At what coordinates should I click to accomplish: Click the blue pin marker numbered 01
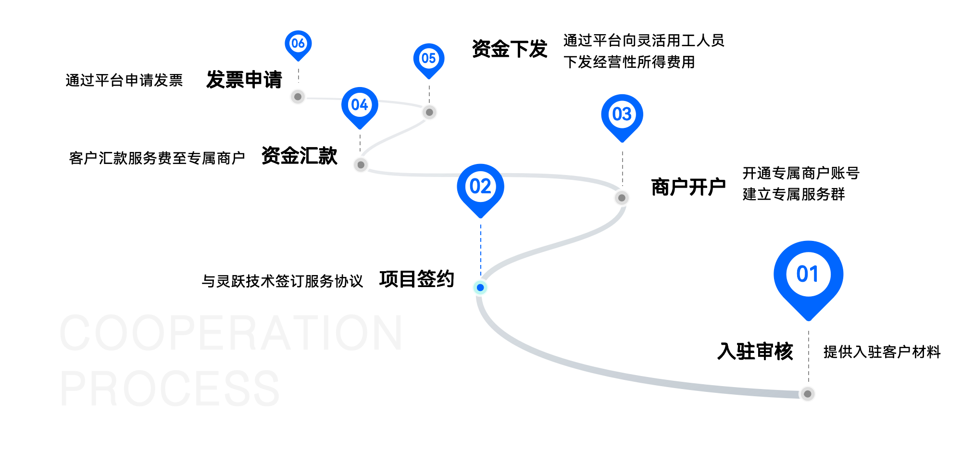coord(808,276)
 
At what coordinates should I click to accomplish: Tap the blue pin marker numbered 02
coord(480,188)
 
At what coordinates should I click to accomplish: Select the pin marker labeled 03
coord(622,115)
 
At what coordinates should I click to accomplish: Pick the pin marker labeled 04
coord(360,106)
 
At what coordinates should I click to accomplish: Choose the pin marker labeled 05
coord(428,59)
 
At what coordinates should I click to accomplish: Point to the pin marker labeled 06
coord(298,44)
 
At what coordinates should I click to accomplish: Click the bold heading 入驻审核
coord(755,352)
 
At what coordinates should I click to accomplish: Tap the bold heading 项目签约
coord(416,279)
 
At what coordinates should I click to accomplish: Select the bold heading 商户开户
coord(688,187)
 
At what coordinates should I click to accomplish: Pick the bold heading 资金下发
coord(509,49)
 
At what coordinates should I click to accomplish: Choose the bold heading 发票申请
coord(244,80)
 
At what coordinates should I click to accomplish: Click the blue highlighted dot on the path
coord(480,288)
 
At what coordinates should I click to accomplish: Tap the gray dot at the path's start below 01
coord(808,394)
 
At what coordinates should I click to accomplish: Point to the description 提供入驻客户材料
coord(882,352)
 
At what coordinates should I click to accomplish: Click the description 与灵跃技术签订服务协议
coord(282,281)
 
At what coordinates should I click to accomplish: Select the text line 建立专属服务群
coord(793,194)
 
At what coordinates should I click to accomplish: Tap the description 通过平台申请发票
coord(124,80)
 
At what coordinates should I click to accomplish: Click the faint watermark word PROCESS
coord(170,389)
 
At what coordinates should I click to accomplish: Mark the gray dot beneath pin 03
coord(622,198)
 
